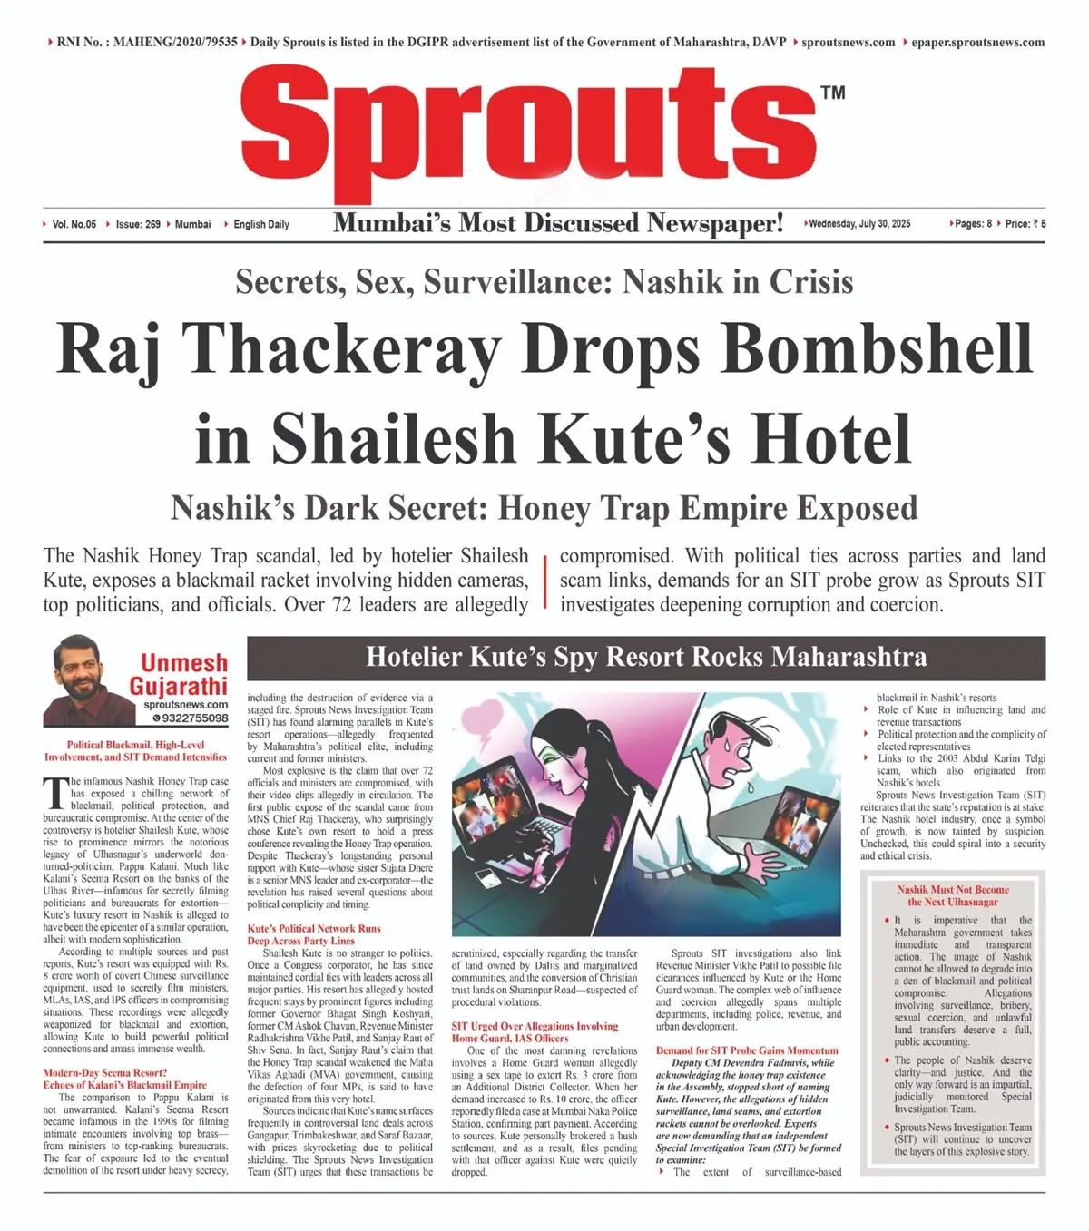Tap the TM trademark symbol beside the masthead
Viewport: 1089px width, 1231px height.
point(832,93)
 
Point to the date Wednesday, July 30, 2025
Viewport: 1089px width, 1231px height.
point(858,223)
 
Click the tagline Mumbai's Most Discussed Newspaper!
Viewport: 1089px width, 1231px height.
point(558,223)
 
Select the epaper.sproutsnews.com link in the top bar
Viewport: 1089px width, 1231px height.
point(977,42)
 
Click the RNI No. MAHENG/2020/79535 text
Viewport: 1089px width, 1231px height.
point(147,42)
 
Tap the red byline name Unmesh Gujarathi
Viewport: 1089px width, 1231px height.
point(182,675)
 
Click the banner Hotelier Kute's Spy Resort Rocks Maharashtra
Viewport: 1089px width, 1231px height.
point(646,657)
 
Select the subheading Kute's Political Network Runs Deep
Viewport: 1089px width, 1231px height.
point(314,934)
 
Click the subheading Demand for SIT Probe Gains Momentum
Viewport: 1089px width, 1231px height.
point(747,1050)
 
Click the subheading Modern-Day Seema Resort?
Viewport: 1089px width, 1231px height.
point(105,1072)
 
